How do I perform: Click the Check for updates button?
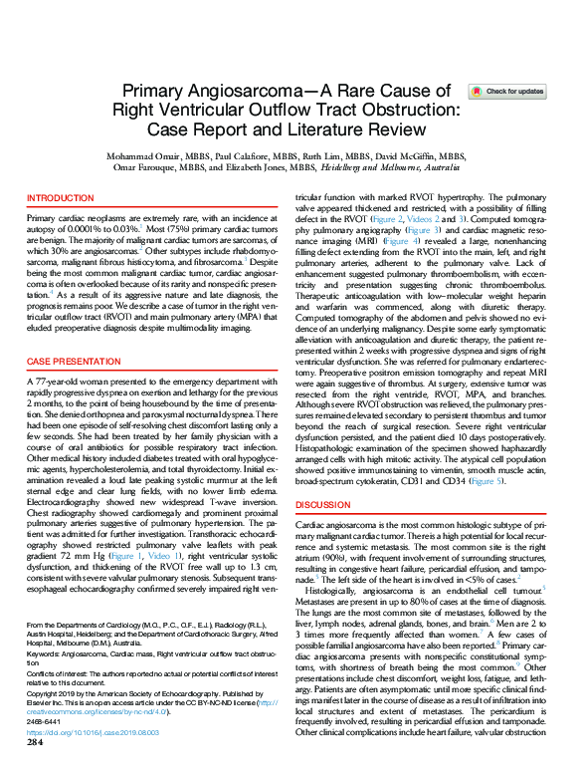tap(506, 91)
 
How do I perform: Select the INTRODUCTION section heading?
tap(60, 199)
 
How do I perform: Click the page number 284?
tap(35, 770)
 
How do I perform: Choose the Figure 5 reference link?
tap(485, 480)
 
